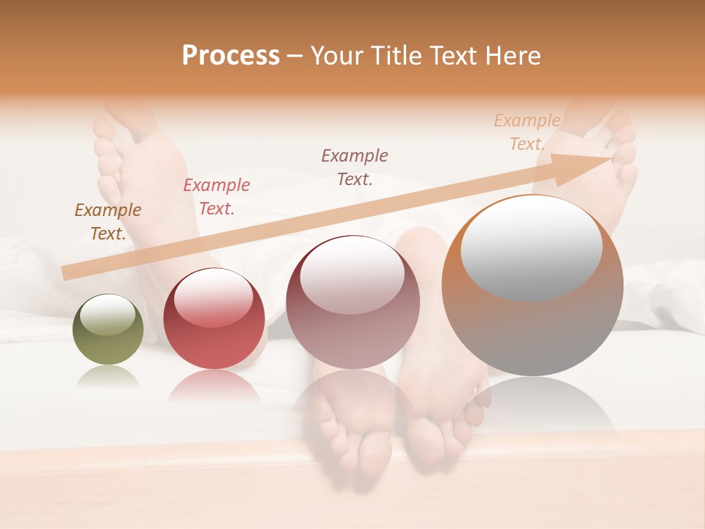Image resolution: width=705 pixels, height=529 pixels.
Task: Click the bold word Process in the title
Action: click(231, 56)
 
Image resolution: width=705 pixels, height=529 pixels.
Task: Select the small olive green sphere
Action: click(108, 330)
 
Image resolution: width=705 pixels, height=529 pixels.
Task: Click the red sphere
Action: click(214, 319)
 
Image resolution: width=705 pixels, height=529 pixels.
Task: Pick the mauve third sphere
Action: click(352, 303)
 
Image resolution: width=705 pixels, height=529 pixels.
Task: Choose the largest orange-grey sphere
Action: click(532, 287)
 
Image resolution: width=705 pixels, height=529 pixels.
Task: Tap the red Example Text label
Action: click(217, 197)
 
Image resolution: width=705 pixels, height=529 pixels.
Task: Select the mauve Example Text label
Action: click(355, 168)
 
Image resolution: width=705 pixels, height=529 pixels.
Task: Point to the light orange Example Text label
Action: click(527, 132)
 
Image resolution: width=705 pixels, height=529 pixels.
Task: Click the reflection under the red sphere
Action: click(214, 386)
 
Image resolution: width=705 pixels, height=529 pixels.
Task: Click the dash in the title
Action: click(294, 56)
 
